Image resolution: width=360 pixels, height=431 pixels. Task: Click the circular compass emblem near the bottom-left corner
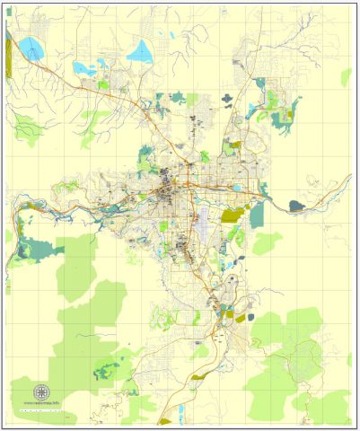pyautogui.click(x=40, y=392)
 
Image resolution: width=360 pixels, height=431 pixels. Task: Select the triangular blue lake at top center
pyautogui.click(x=142, y=51)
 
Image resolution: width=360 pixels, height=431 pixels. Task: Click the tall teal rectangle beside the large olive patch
pyautogui.click(x=258, y=214)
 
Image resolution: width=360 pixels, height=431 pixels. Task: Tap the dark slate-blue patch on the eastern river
pyautogui.click(x=297, y=206)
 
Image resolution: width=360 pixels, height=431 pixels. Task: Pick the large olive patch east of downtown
pyautogui.click(x=233, y=215)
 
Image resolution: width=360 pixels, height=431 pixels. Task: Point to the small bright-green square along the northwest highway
pyautogui.click(x=104, y=84)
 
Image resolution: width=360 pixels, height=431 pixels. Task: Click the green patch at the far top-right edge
pyautogui.click(x=347, y=77)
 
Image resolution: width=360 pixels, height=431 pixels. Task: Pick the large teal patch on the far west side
pyautogui.click(x=36, y=249)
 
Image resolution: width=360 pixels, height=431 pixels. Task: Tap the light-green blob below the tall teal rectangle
pyautogui.click(x=266, y=242)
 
